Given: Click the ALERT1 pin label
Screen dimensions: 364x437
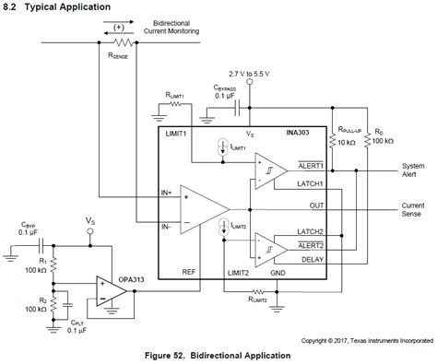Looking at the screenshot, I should click(x=310, y=165).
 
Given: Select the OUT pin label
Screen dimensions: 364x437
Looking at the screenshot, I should click(x=316, y=205).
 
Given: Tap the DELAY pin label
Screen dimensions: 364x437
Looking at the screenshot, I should click(x=312, y=259).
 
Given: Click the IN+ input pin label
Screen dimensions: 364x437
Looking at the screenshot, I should click(x=166, y=192).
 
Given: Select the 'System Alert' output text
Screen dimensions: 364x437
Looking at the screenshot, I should click(x=413, y=170).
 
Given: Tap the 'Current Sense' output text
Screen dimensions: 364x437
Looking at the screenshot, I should click(x=413, y=209).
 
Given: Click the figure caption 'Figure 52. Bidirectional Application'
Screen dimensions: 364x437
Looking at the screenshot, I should click(x=218, y=354).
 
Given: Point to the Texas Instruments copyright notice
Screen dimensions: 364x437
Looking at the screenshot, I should click(x=365, y=336).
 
